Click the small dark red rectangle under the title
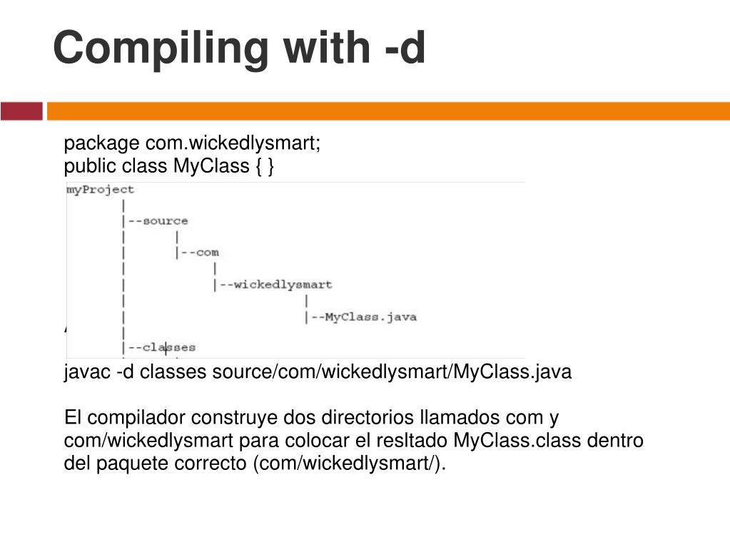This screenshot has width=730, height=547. (x=21, y=111)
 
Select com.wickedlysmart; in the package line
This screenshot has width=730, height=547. (x=234, y=143)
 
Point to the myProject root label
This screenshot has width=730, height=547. (x=100, y=190)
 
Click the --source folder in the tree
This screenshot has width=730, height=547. (x=158, y=221)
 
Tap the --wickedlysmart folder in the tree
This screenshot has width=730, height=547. (x=275, y=285)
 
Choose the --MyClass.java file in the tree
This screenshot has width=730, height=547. (x=363, y=317)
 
